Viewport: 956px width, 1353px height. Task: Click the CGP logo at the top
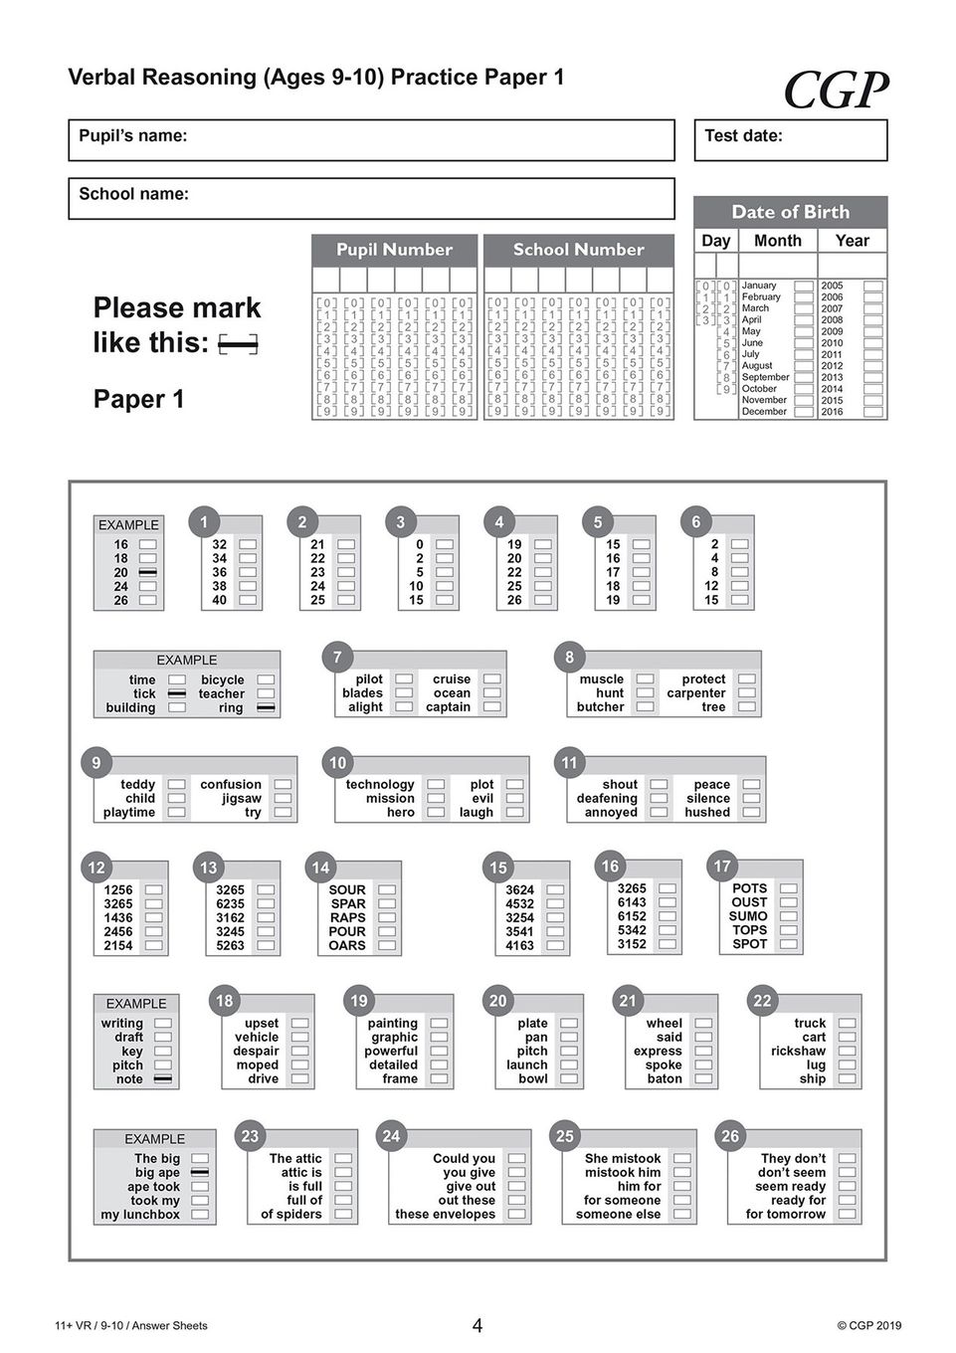(x=836, y=91)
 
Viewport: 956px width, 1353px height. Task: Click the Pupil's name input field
(x=371, y=140)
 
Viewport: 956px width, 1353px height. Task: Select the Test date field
(x=790, y=140)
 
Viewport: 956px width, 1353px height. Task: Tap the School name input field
(x=371, y=198)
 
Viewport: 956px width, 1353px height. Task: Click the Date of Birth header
(x=790, y=212)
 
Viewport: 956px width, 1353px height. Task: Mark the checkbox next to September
(x=803, y=377)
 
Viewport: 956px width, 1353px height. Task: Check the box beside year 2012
(x=872, y=366)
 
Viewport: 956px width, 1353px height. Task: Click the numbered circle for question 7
(x=337, y=657)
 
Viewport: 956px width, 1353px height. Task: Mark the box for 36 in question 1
(x=248, y=572)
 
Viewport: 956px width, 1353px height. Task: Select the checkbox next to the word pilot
(x=404, y=679)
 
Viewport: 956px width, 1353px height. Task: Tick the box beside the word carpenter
(x=747, y=693)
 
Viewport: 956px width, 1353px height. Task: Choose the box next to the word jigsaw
(x=283, y=799)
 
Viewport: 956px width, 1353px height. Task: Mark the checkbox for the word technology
(x=436, y=785)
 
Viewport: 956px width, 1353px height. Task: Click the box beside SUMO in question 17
(x=788, y=916)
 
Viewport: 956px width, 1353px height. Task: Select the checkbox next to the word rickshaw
(x=847, y=1052)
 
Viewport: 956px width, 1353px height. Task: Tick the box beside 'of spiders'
(x=343, y=1215)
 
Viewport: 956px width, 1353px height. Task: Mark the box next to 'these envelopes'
(x=516, y=1215)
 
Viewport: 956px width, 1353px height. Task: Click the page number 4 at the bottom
(x=478, y=1325)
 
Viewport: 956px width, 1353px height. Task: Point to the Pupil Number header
(x=394, y=250)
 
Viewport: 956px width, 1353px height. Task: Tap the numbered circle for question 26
(x=730, y=1136)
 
